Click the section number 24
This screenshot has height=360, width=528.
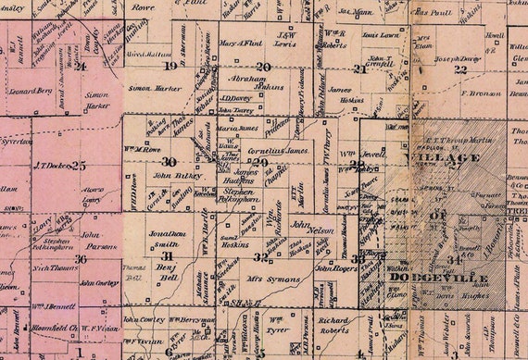(x=81, y=66)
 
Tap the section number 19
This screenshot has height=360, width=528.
(x=170, y=67)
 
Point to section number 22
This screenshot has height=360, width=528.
(x=460, y=69)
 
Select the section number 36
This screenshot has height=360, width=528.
(x=81, y=258)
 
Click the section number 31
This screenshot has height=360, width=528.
(x=168, y=256)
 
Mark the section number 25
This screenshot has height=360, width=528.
(x=79, y=165)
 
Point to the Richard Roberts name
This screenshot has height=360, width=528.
(x=333, y=324)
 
